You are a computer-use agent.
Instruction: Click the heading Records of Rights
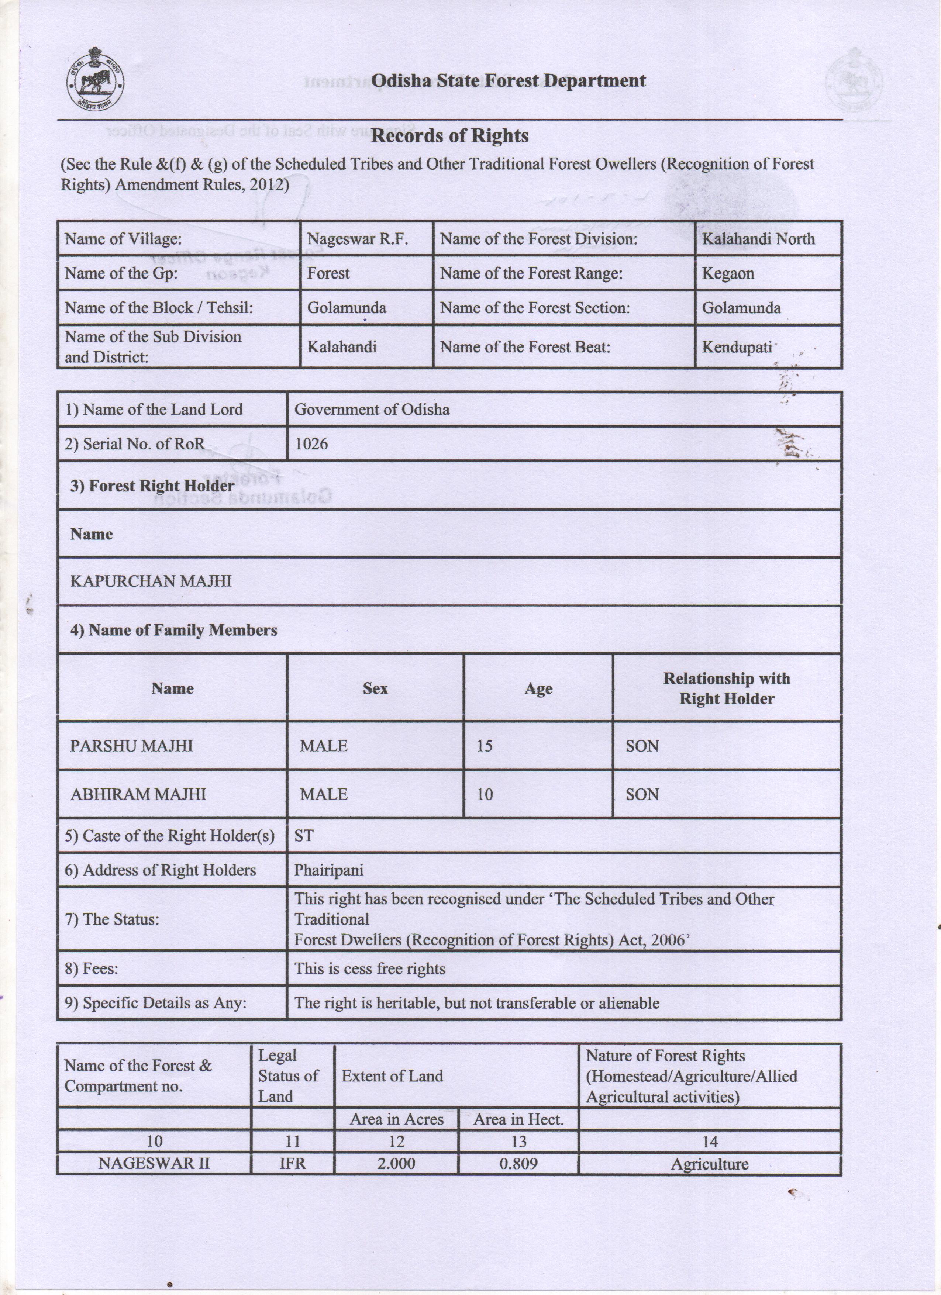(x=449, y=136)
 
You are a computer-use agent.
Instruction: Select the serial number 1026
(x=311, y=443)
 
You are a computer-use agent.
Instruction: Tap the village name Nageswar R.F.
(x=358, y=239)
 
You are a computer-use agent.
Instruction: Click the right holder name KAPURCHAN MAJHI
(x=151, y=581)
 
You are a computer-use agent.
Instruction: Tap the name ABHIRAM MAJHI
(x=138, y=794)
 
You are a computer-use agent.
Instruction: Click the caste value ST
(x=303, y=836)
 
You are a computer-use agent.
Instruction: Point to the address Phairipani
(x=328, y=870)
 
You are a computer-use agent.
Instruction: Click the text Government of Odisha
(x=372, y=410)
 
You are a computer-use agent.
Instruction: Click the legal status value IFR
(x=292, y=1164)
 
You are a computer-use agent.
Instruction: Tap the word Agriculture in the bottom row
(x=709, y=1164)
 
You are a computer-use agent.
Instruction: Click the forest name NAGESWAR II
(x=154, y=1164)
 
